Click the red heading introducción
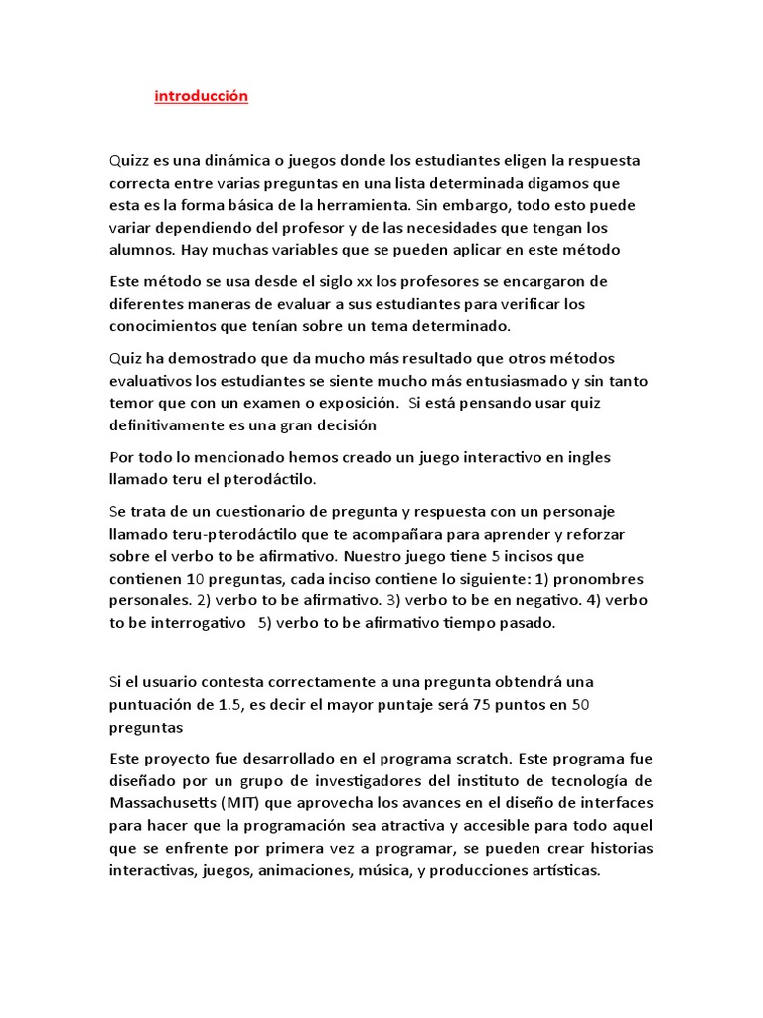(x=201, y=96)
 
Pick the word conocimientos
(x=169, y=325)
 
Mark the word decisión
(x=345, y=424)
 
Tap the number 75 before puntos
(x=497, y=704)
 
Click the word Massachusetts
(x=167, y=802)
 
